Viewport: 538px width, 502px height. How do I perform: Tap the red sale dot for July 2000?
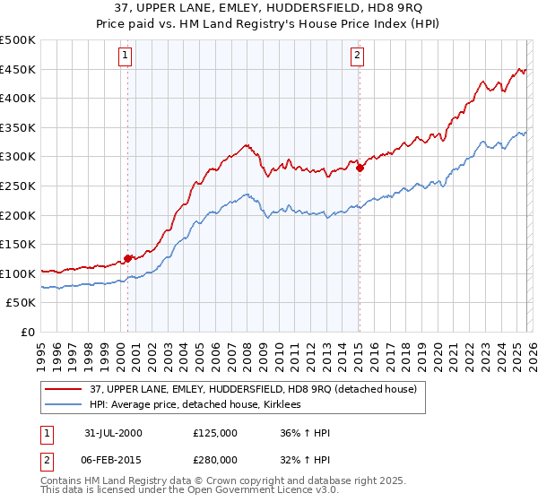pyautogui.click(x=128, y=258)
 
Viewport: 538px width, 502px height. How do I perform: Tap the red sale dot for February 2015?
pyautogui.click(x=359, y=167)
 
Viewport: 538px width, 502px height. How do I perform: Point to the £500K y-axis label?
pyautogui.click(x=18, y=41)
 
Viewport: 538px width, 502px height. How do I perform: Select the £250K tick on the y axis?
pyautogui.click(x=18, y=186)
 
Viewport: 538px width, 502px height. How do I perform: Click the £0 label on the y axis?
pyautogui.click(x=29, y=332)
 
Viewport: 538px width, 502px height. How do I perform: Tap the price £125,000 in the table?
pyautogui.click(x=215, y=432)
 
